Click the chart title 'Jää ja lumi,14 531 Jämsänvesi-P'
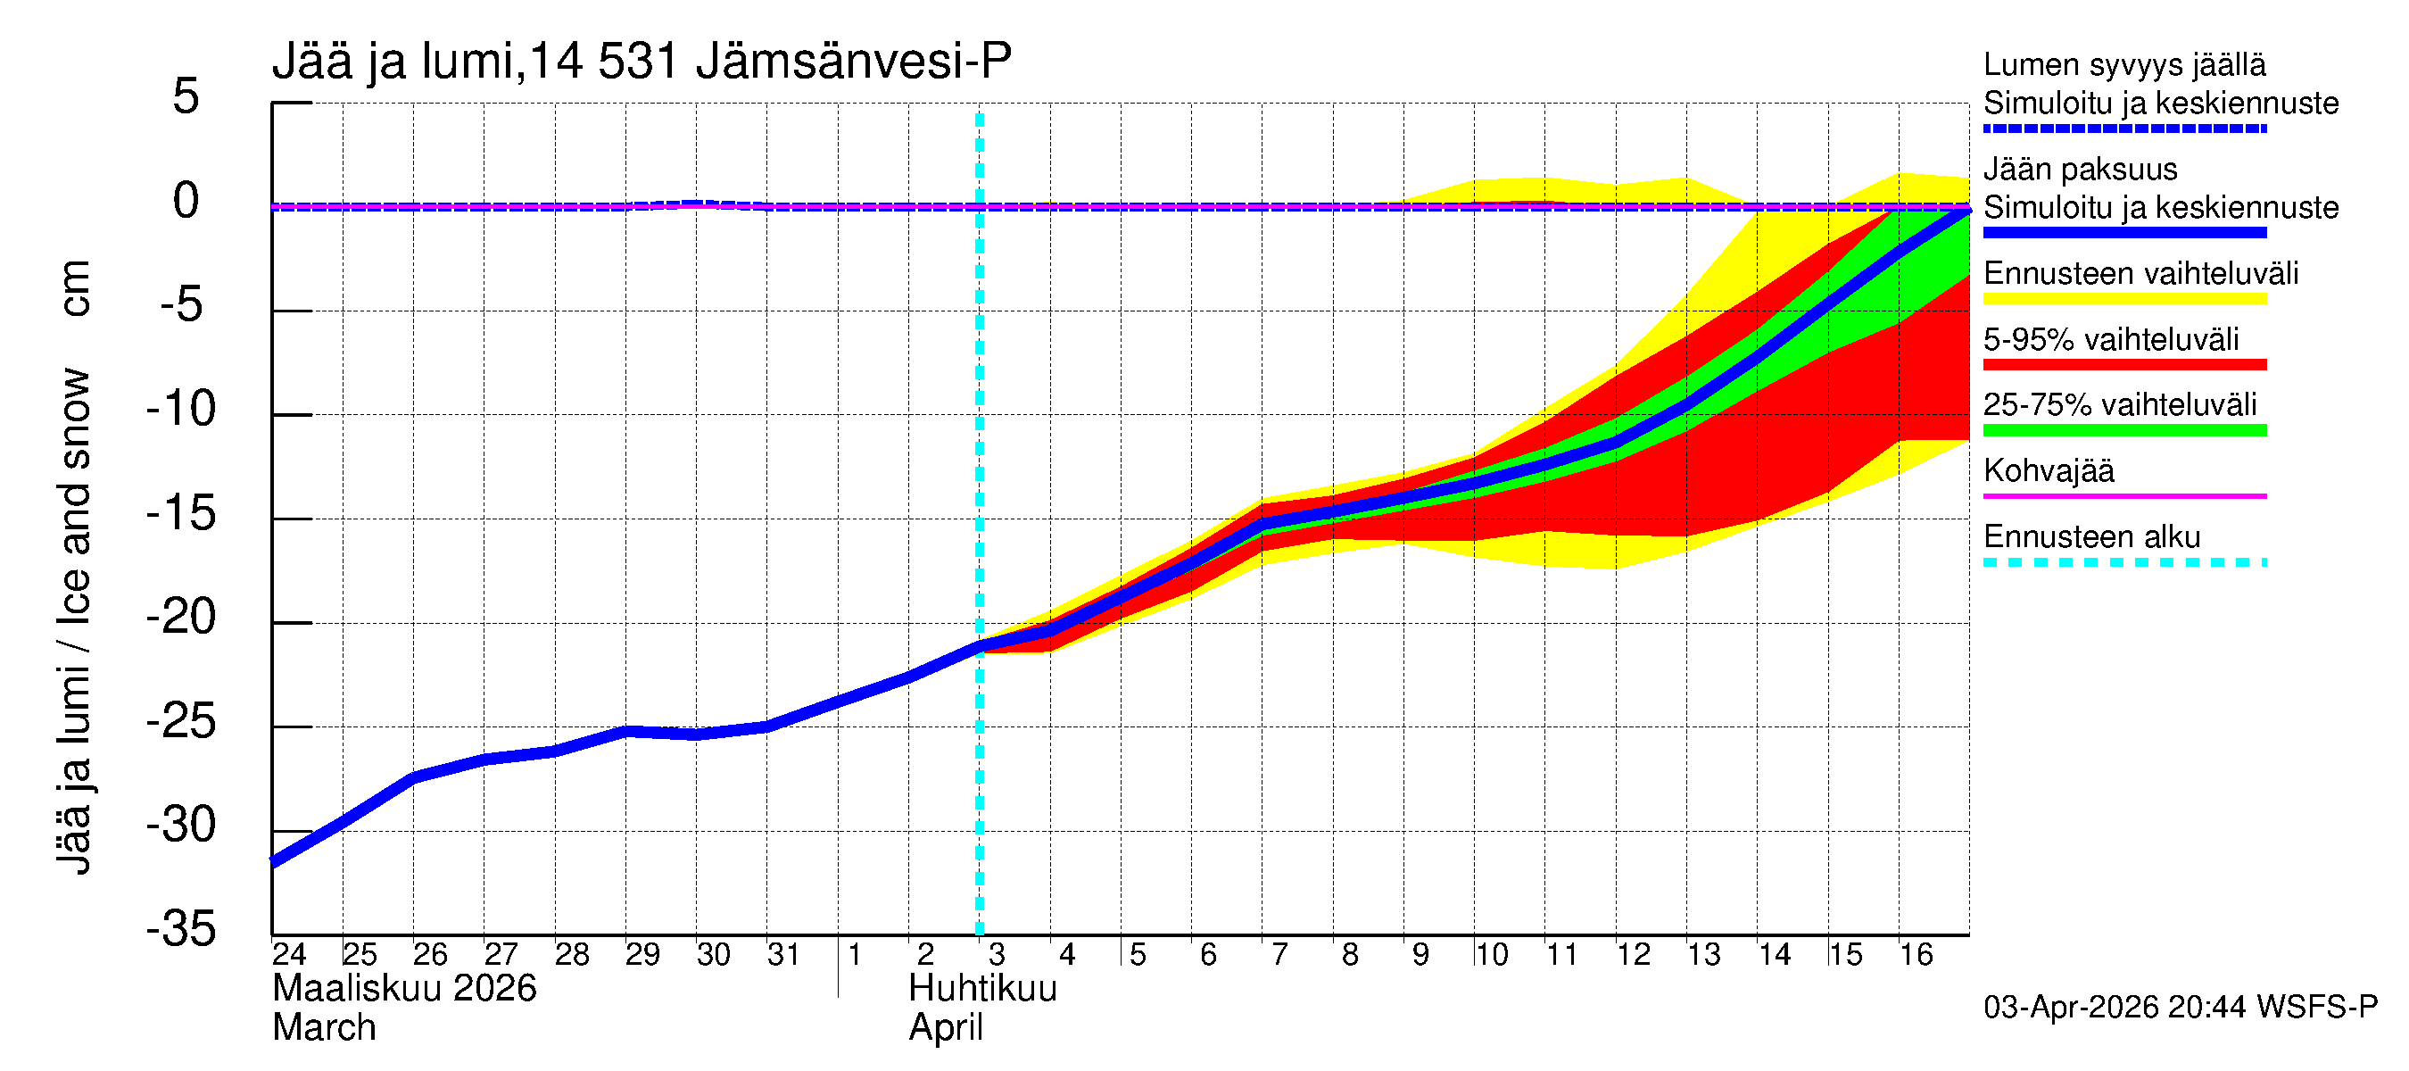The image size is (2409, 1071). (x=642, y=62)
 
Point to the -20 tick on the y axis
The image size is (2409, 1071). (x=181, y=618)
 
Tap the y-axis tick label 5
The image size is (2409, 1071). (x=186, y=96)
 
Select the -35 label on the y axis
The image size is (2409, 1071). (x=181, y=929)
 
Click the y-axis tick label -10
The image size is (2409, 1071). (x=181, y=409)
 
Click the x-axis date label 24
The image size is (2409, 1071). (x=289, y=954)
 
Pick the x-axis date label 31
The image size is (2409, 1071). (x=783, y=954)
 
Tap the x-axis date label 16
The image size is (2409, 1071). (x=1916, y=954)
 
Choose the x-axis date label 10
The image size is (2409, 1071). (x=1491, y=954)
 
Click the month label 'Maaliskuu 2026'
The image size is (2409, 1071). (x=404, y=989)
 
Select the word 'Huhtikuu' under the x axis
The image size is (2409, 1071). (x=982, y=989)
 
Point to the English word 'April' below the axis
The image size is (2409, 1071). (x=946, y=1028)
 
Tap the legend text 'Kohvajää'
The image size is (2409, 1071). (x=2048, y=470)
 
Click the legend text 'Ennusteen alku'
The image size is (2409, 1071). (x=2091, y=537)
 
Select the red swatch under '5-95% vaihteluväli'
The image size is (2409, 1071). (x=2123, y=365)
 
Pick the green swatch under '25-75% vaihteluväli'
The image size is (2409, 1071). (x=2123, y=430)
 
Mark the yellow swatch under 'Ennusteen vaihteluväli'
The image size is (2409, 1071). (x=2123, y=299)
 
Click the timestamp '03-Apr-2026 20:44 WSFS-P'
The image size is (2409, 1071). (x=2180, y=1008)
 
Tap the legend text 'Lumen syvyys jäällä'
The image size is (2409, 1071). (x=2123, y=65)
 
